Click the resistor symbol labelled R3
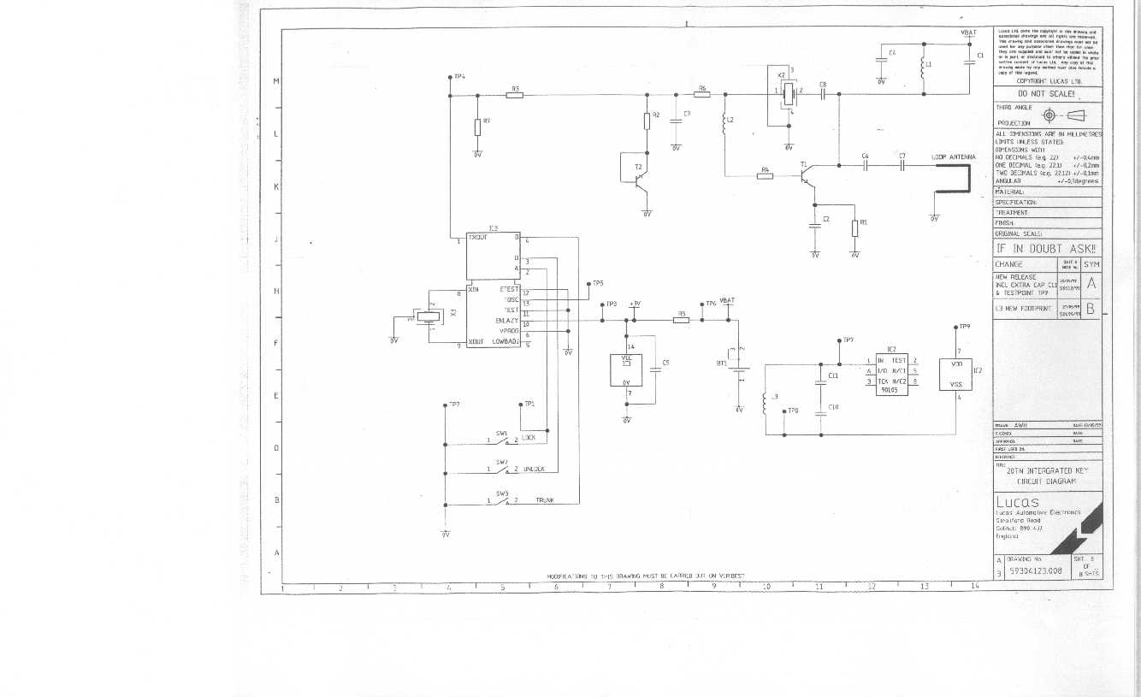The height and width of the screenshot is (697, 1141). [514, 95]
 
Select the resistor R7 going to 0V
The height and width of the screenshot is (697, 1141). [477, 127]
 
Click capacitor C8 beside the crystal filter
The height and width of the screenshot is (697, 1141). [823, 95]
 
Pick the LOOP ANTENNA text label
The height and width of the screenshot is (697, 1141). [954, 157]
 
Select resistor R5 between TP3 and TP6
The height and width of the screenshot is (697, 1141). [681, 321]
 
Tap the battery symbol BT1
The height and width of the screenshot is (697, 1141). [737, 369]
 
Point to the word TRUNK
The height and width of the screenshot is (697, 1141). [544, 500]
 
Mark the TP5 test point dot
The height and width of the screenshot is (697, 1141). [586, 283]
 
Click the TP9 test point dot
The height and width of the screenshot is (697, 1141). [955, 327]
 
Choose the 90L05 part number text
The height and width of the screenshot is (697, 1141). [890, 390]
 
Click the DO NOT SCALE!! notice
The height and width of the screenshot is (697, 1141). [1046, 94]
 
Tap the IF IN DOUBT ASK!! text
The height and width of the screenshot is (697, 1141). [1048, 248]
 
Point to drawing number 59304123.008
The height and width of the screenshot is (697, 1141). [1036, 570]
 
